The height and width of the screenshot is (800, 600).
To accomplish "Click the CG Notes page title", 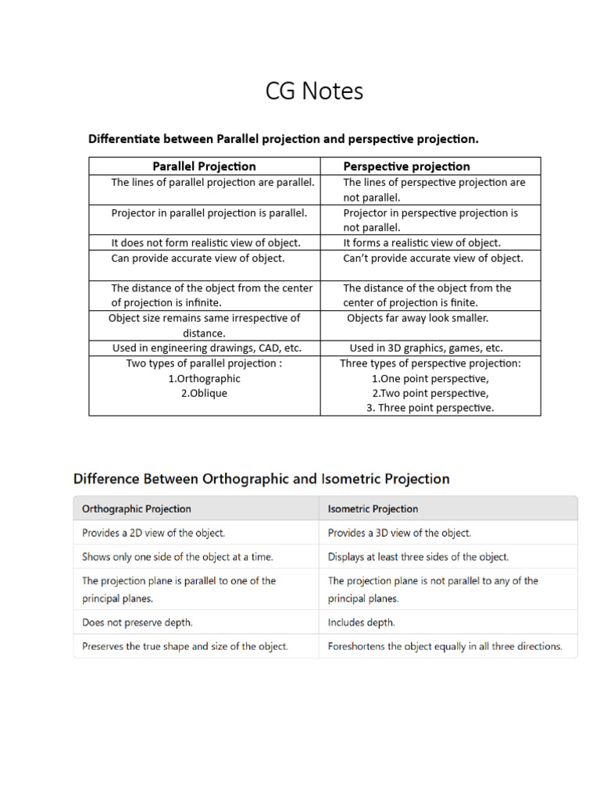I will (x=314, y=91).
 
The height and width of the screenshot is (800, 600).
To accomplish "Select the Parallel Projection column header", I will (x=204, y=166).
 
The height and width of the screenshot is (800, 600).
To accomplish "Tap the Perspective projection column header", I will (x=406, y=166).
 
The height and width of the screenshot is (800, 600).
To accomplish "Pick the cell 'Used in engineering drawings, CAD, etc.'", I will (x=205, y=348).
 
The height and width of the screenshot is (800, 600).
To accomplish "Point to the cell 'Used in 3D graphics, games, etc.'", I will (x=426, y=348).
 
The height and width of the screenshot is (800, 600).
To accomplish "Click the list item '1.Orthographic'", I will (x=204, y=378).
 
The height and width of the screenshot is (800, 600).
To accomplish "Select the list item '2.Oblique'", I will (x=204, y=393).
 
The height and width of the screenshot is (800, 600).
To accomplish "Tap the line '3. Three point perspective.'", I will (x=430, y=408).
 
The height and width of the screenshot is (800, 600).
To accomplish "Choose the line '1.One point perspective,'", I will (x=430, y=378).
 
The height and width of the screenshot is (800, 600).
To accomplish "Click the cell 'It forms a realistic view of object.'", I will (x=422, y=242).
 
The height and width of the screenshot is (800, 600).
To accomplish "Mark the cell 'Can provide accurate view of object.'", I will (x=198, y=258).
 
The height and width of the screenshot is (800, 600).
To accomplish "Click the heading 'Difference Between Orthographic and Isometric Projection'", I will (x=261, y=478).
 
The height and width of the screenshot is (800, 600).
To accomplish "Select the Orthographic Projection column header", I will (x=137, y=509).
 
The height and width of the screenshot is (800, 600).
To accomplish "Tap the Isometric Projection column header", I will (x=373, y=509).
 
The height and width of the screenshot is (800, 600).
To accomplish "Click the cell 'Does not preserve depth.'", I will (x=137, y=623).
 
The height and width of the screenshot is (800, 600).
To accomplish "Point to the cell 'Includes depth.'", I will (x=361, y=623).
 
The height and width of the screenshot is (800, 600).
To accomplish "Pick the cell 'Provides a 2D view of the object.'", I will (x=153, y=533).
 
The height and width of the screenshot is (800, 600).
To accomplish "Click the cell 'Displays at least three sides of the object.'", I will (x=418, y=557).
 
